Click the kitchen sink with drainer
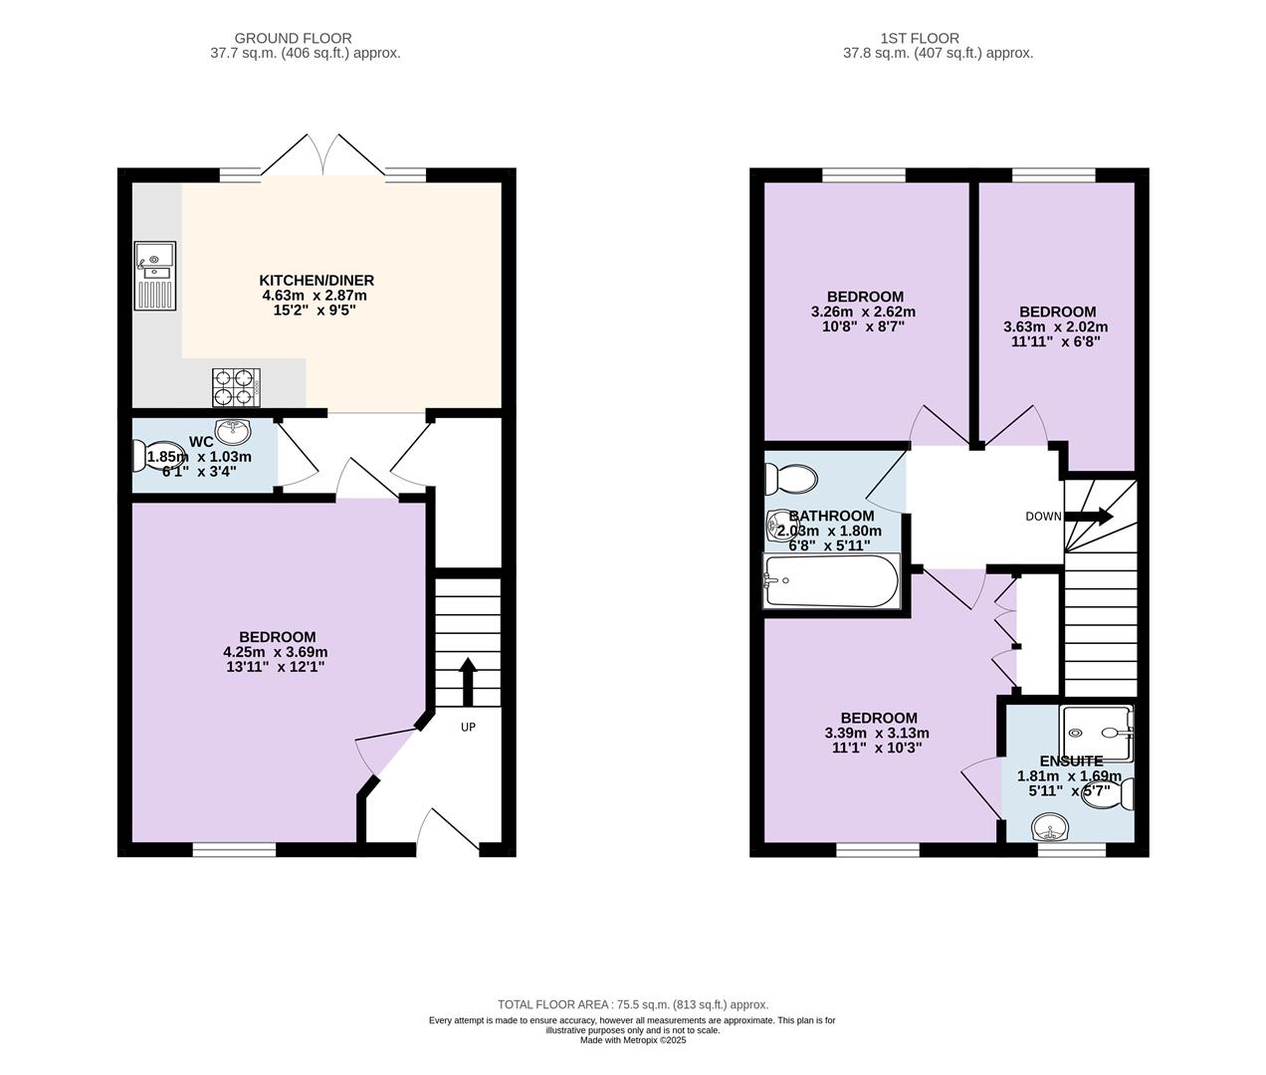point(155,276)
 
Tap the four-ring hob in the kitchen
point(237,388)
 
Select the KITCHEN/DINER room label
point(316,281)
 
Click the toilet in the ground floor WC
point(156,456)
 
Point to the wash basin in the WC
point(233,431)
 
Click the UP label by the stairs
point(468,727)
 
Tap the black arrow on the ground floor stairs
point(468,682)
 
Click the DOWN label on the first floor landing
point(1044,517)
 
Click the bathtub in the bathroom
point(832,581)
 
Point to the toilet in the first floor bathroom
point(791,479)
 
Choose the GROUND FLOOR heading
point(294,38)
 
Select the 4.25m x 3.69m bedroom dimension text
point(276,652)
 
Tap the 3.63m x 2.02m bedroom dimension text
point(1056,327)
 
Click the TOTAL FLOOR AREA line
point(633,1004)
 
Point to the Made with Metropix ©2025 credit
point(633,1040)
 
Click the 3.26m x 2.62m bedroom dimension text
point(864,312)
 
